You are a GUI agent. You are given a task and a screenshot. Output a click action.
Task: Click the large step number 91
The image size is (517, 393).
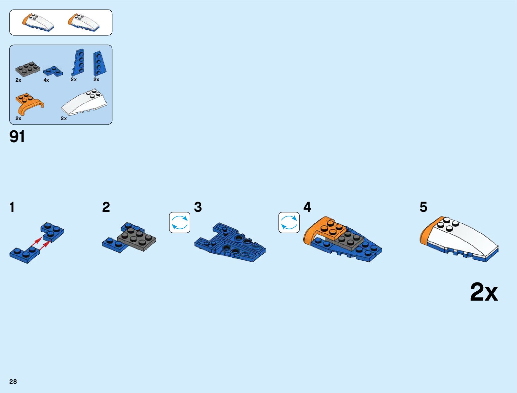point(17,137)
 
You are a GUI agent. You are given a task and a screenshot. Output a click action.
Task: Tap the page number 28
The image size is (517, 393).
point(13,381)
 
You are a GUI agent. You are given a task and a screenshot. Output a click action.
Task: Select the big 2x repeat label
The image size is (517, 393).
point(484,292)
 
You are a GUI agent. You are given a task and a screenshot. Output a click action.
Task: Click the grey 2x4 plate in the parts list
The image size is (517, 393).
point(28,69)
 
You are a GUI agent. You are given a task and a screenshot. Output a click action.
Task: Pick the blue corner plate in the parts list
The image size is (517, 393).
point(53,71)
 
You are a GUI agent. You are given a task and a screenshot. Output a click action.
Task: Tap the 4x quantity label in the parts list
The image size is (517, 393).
point(46,80)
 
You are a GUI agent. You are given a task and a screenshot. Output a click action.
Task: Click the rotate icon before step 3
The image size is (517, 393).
point(180,222)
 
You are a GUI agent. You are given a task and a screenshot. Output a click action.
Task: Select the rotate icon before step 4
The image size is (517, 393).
point(289,222)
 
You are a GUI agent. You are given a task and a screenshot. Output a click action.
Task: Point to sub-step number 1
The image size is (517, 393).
point(12,207)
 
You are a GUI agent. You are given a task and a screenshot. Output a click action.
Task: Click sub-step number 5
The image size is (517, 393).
point(423,207)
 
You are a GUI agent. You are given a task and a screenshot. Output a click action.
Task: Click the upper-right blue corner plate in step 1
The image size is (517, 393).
point(52,232)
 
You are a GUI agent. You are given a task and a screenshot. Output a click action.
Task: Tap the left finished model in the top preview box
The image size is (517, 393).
point(38,22)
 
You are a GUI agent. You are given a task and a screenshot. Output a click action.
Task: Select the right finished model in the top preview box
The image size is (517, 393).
point(84,22)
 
